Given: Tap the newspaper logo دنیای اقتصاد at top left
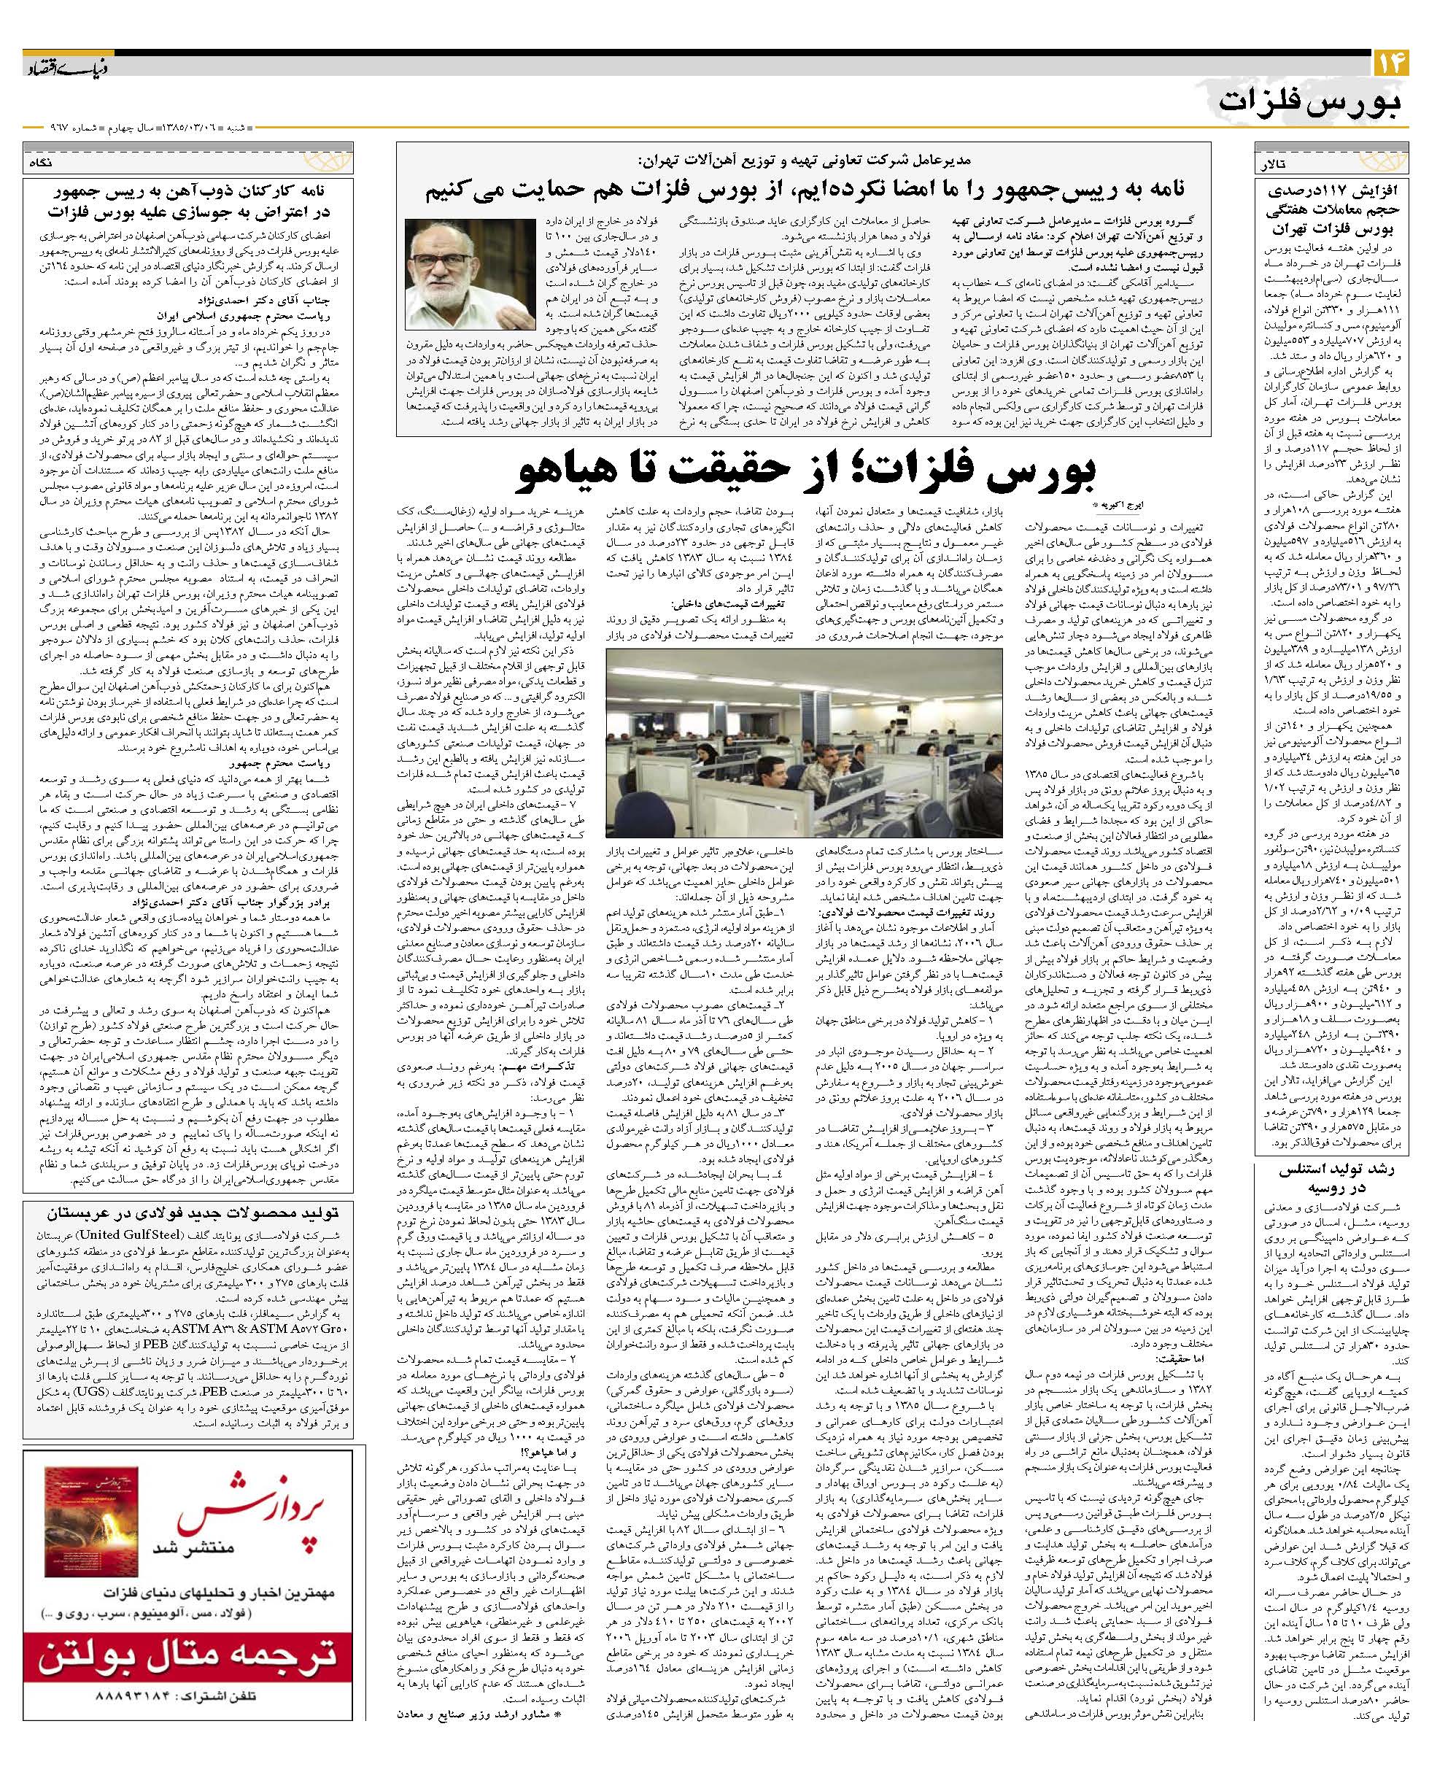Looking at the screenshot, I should pos(61,68).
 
